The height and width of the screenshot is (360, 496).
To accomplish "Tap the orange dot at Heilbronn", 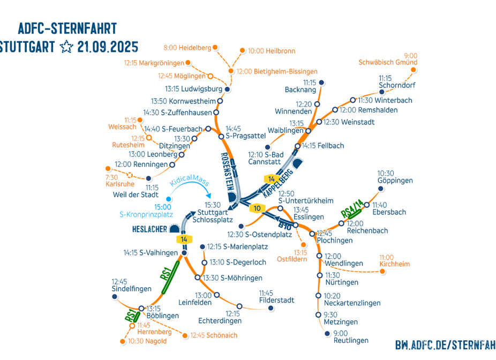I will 243,51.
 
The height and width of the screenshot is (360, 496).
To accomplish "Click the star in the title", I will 66,47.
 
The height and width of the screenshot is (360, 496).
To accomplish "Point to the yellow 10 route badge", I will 258,208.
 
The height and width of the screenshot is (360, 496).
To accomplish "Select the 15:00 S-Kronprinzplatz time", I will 163,207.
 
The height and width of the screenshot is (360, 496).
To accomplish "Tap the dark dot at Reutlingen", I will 327,333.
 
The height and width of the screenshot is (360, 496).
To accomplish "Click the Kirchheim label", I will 394,264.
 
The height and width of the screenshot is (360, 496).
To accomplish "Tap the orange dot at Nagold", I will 123,341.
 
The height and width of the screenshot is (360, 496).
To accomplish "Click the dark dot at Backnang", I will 321,82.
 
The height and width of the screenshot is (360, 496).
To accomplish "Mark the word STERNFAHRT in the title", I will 82,28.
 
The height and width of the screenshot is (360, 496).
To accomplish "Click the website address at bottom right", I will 445,345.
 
